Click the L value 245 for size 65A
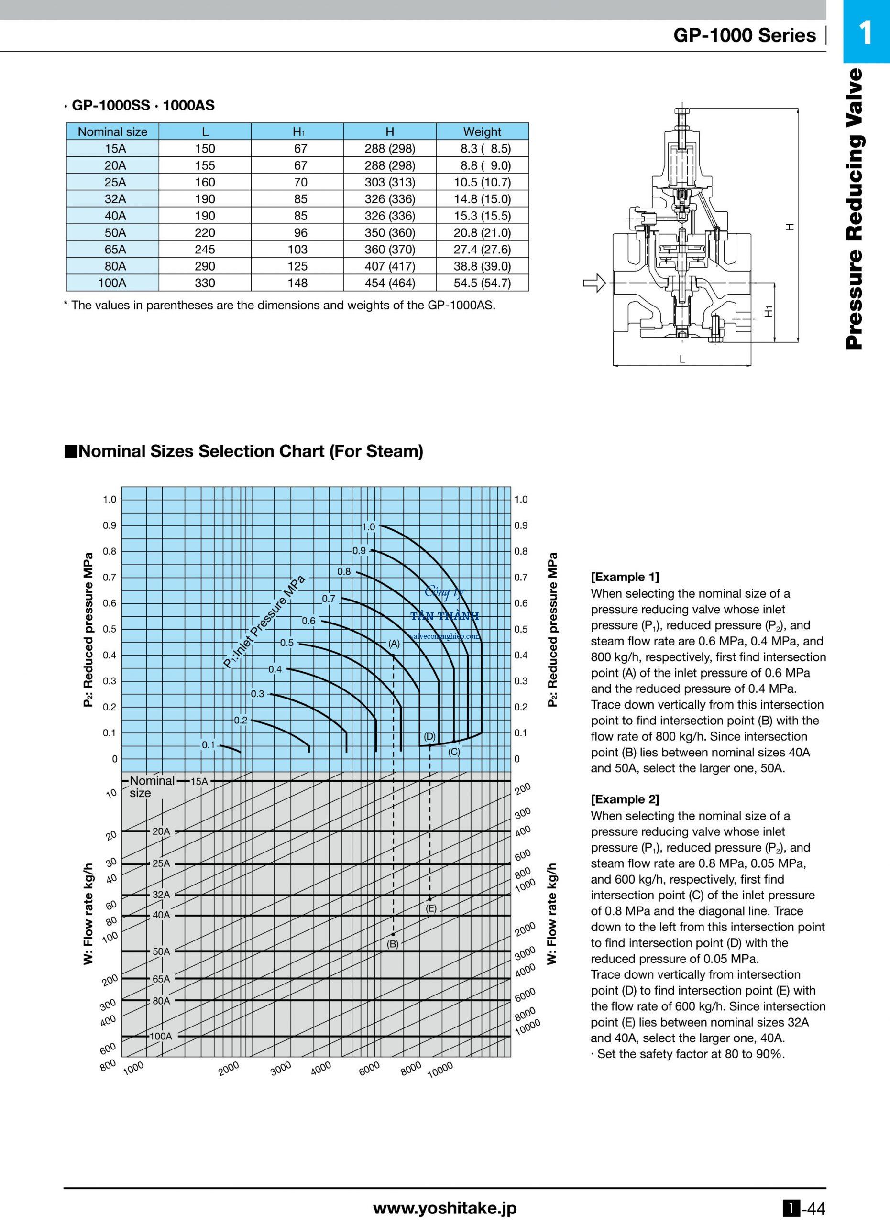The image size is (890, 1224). [205, 249]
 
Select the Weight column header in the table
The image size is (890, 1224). [482, 131]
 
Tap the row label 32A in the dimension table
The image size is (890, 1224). [112, 198]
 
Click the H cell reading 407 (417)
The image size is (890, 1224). [390, 266]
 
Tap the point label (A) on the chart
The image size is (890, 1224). [394, 643]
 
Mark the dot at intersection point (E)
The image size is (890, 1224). [429, 899]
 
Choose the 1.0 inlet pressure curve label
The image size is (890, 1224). [369, 526]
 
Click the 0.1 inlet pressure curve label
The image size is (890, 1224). [209, 745]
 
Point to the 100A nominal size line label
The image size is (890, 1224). [160, 1036]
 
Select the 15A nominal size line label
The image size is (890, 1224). [199, 781]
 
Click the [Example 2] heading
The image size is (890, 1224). [625, 799]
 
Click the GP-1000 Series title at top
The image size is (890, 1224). [744, 35]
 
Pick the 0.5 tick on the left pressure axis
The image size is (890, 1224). [110, 629]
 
